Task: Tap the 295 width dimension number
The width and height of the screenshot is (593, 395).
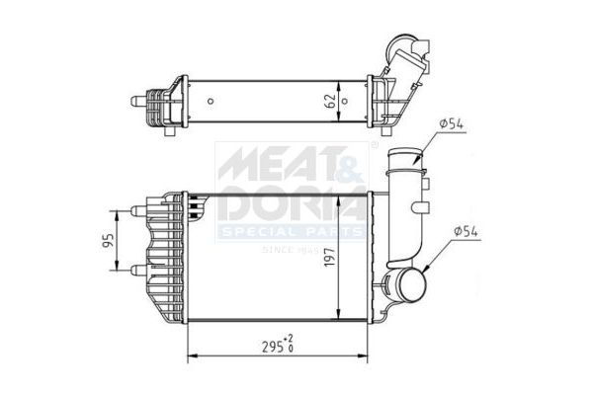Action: [270, 348]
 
